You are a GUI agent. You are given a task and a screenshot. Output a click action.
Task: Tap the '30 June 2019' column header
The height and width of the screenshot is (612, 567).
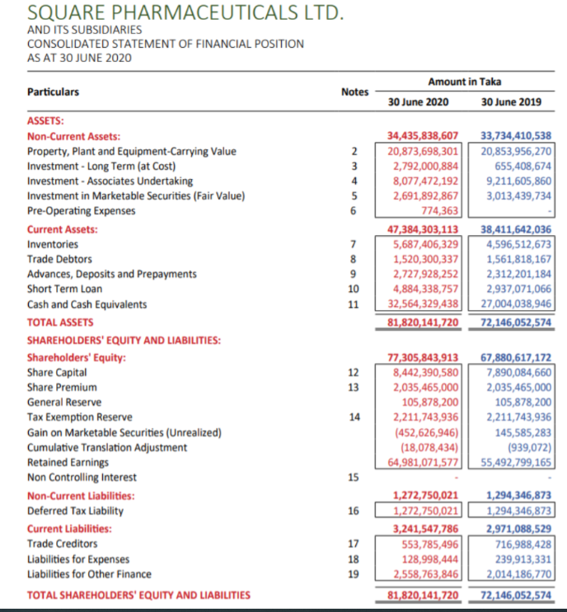point(510,101)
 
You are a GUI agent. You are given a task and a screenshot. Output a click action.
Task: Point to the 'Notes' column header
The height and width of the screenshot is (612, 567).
point(354,92)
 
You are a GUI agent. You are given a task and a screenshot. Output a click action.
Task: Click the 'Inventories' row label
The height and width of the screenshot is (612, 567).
point(54,244)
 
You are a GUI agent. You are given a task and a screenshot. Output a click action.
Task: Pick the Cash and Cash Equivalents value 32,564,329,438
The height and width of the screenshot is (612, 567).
point(422,304)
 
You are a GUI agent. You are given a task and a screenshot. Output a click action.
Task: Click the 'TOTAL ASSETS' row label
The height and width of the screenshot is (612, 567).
point(61,322)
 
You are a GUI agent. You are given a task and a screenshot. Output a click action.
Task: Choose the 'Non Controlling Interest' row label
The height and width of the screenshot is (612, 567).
point(82,477)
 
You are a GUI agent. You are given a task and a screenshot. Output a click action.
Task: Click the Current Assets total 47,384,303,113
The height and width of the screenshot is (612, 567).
point(422,229)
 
